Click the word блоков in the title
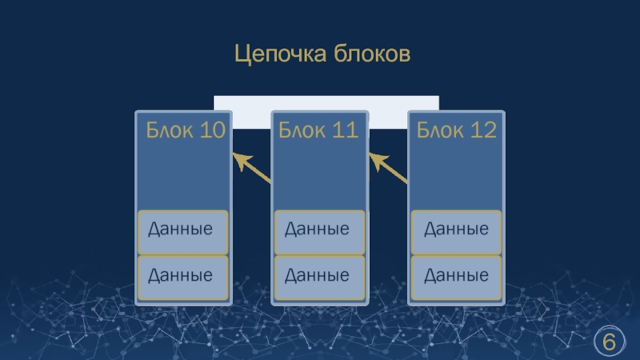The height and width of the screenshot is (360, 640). pyautogui.click(x=371, y=54)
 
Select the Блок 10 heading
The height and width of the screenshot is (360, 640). pyautogui.click(x=184, y=130)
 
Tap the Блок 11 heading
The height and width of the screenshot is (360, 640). pyautogui.click(x=319, y=130)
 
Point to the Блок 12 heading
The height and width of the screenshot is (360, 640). pyautogui.click(x=456, y=130)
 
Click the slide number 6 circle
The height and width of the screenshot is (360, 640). pyautogui.click(x=610, y=342)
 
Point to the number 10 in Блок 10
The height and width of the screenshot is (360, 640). pyautogui.click(x=212, y=130)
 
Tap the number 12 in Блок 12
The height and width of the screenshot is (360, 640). pyautogui.click(x=484, y=130)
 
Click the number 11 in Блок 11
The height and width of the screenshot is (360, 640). pyautogui.click(x=345, y=130)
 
